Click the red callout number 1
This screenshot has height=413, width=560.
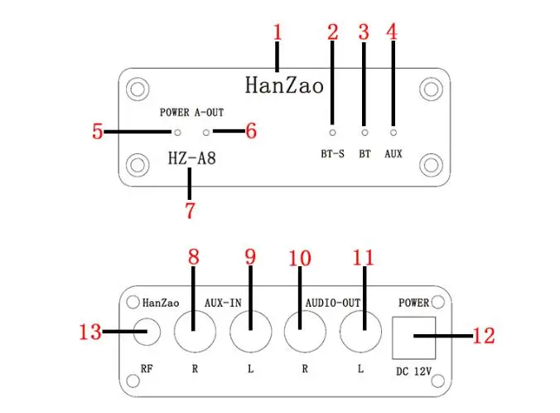[278, 32]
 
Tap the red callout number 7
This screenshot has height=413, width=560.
[190, 211]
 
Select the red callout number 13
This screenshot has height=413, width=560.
[90, 332]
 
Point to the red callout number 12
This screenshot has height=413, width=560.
[484, 335]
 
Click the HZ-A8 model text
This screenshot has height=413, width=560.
[192, 158]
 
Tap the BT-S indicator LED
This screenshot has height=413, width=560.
[332, 133]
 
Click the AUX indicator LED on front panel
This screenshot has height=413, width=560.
[393, 133]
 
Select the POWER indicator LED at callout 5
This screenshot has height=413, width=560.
[177, 133]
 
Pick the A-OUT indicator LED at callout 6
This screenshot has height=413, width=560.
[206, 133]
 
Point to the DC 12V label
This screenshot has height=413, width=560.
[413, 372]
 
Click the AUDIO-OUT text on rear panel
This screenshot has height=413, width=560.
[333, 303]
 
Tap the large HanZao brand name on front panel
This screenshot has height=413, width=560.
[284, 85]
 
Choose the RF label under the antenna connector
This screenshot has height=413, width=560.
[147, 368]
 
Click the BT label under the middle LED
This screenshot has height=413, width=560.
[364, 153]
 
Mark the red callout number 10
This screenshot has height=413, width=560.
[300, 258]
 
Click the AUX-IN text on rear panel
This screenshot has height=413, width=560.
[223, 303]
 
